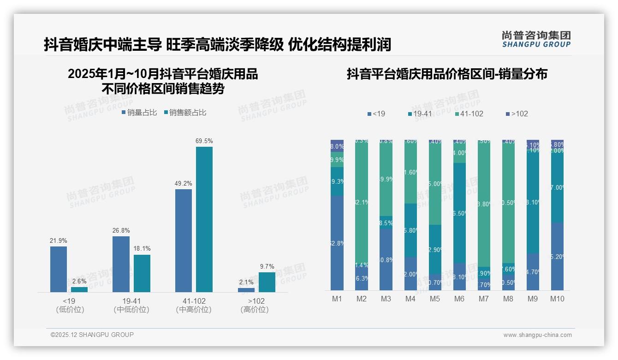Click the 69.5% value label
point(204,141)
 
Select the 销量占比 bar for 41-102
point(184,240)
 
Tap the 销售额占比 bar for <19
point(79,289)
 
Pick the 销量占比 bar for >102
point(246,290)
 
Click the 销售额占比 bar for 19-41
point(142,273)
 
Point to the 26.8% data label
point(121,230)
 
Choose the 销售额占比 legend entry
point(185,112)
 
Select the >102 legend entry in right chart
point(517,114)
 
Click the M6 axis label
point(459,299)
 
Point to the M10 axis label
point(557,299)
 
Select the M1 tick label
point(337,299)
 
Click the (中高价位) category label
point(194,310)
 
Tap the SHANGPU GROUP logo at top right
point(536,39)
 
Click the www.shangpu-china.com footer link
point(537,335)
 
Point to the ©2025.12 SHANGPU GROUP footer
point(92,335)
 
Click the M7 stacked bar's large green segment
point(484,203)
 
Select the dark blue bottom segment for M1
point(337,243)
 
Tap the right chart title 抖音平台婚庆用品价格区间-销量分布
point(447,74)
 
